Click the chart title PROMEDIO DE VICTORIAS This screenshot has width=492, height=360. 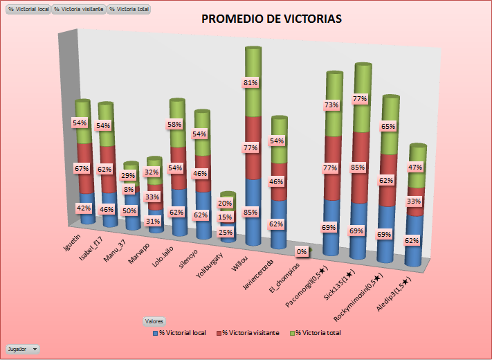point(271,19)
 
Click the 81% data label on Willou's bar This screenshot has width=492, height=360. point(250,83)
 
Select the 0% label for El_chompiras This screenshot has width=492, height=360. point(301,251)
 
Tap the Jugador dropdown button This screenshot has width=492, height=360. point(23,349)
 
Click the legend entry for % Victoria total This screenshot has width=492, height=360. point(318,333)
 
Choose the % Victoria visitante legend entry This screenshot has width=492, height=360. point(248,333)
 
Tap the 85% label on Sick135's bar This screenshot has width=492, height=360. point(358,167)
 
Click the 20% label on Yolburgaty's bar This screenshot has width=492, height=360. point(224,204)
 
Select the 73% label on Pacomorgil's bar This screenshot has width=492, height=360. point(331,105)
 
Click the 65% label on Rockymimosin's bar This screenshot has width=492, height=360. point(388,127)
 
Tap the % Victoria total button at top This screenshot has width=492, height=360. point(129,10)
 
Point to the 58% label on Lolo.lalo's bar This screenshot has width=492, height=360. point(176,124)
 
